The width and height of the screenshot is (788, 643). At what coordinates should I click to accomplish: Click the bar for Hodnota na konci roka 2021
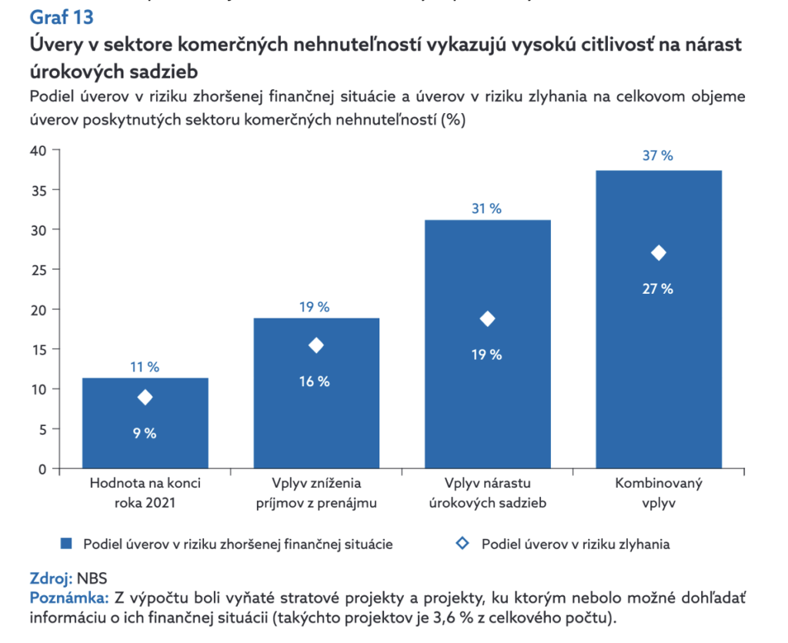click(145, 423)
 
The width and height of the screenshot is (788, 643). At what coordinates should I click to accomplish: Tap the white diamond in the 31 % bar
click(487, 319)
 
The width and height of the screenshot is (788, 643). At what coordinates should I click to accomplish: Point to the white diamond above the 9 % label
click(145, 398)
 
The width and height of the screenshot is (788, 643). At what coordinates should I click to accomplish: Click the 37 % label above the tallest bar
click(658, 155)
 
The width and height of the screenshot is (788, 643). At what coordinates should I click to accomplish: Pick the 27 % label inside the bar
click(658, 289)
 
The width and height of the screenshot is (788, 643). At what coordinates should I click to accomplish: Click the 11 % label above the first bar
click(144, 368)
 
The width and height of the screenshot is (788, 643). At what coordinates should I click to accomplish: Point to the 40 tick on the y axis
click(39, 150)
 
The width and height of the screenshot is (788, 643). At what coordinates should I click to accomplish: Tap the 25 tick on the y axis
click(39, 269)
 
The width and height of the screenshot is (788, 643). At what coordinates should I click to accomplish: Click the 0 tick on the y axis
click(43, 468)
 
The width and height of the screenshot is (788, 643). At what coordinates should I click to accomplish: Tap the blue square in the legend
click(67, 544)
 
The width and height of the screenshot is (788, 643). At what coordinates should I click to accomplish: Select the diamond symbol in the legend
click(462, 544)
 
